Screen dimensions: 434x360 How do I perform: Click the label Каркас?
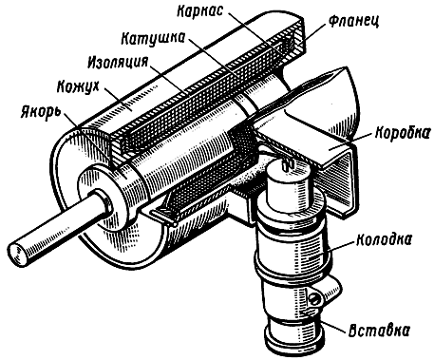click(x=200, y=11)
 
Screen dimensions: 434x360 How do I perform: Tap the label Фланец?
click(x=353, y=21)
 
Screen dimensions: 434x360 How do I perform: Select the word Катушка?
click(x=153, y=38)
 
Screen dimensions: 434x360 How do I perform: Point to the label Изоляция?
click(x=118, y=62)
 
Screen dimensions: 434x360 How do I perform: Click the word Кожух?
click(x=78, y=86)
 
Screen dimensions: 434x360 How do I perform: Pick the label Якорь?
click(x=41, y=111)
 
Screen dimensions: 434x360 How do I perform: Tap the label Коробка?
click(x=403, y=133)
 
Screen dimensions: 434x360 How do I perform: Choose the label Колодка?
click(x=385, y=239)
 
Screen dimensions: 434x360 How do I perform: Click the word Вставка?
click(x=379, y=331)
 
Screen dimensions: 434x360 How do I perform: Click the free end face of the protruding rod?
click(x=17, y=254)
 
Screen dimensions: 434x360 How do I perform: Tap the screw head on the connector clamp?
click(x=315, y=298)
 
